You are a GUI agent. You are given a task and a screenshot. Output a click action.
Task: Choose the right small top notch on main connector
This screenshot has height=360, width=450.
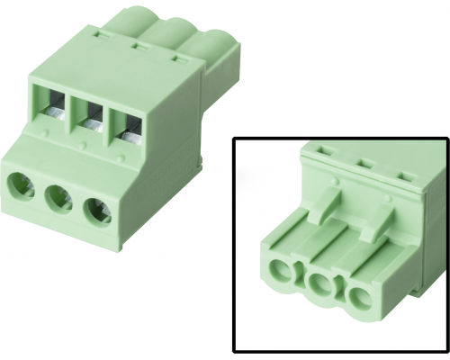click(x=180, y=58)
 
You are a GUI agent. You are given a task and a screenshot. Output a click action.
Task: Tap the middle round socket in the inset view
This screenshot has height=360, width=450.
click(x=320, y=285)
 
